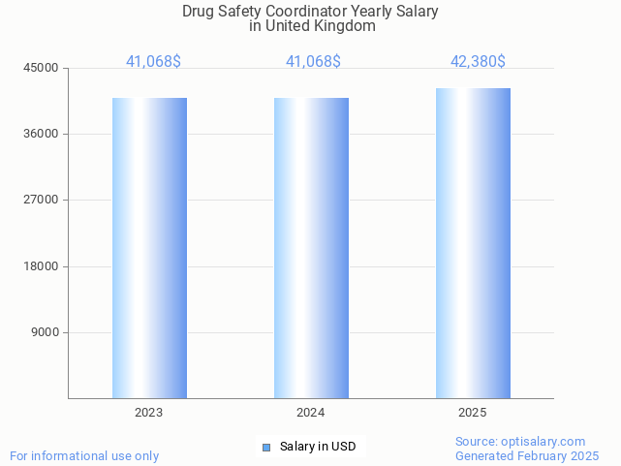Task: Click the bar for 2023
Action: (149, 248)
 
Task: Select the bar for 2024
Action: (311, 248)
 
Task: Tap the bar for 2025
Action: (473, 243)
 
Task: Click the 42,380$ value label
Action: (478, 61)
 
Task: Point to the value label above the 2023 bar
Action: (153, 61)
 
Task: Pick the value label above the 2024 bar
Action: (313, 61)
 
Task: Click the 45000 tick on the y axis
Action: (42, 68)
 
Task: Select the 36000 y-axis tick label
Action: (42, 134)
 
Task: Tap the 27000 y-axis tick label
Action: (42, 200)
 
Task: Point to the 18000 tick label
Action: (42, 266)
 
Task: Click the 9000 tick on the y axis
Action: (45, 332)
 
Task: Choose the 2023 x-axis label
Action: (148, 413)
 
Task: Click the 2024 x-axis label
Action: (310, 413)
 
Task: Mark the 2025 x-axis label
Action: (472, 413)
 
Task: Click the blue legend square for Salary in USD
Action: (266, 447)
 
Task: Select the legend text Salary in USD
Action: (318, 447)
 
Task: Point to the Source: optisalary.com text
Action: (520, 442)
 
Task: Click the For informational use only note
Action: (84, 455)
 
